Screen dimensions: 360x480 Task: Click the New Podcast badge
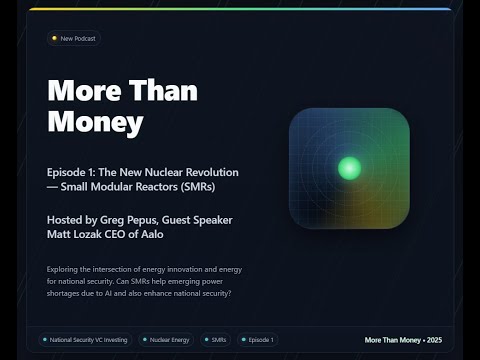[74, 39]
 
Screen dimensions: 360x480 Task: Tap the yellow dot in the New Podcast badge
[54, 39]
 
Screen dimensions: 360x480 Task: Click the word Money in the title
[96, 123]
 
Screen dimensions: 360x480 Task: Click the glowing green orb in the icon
[349, 167]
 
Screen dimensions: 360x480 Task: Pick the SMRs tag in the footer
[217, 340]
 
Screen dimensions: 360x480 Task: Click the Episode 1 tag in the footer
[259, 340]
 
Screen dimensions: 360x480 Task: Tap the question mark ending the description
[232, 292]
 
